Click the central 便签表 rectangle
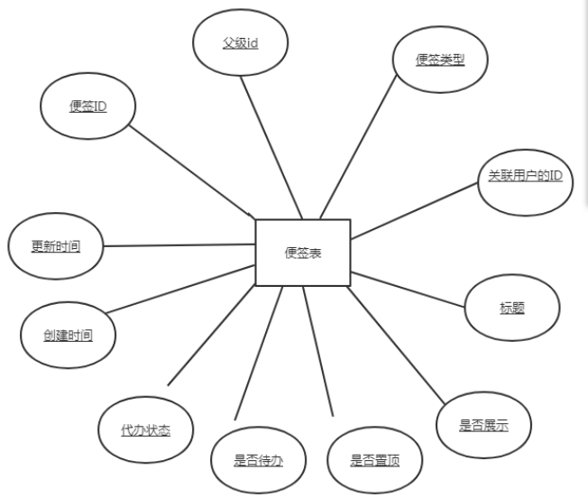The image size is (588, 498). (x=302, y=253)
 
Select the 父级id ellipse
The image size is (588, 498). (x=240, y=42)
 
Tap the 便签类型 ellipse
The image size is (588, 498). (x=440, y=60)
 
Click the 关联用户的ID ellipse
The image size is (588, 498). (x=524, y=176)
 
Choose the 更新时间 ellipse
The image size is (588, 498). (x=55, y=245)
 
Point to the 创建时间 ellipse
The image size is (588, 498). (x=68, y=336)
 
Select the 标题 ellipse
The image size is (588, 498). (x=511, y=308)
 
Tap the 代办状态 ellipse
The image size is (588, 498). (x=145, y=429)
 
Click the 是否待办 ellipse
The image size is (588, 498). (x=258, y=459)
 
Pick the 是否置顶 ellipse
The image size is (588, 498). (x=374, y=459)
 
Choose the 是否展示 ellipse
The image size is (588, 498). (x=482, y=426)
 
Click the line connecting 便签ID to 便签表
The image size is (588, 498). (x=191, y=171)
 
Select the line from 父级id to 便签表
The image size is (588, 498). (x=273, y=146)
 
